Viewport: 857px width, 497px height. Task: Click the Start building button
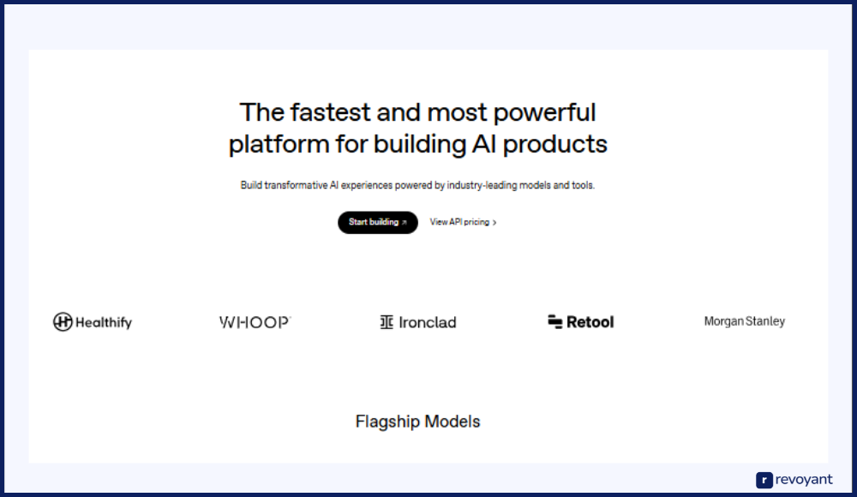(378, 223)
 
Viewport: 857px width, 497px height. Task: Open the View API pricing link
(463, 222)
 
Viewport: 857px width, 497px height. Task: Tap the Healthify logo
(93, 322)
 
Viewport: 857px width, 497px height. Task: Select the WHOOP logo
(255, 322)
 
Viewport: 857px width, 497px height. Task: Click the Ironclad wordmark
(428, 322)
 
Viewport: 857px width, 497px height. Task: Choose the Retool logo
(580, 322)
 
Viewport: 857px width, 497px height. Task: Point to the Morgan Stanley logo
(745, 321)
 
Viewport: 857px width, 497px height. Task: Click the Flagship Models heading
(417, 422)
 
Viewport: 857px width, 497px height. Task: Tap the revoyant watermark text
(804, 480)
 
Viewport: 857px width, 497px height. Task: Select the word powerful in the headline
(544, 112)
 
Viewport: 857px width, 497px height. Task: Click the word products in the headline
(554, 145)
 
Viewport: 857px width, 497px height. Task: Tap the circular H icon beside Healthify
(63, 321)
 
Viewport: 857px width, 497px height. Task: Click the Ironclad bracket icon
(387, 322)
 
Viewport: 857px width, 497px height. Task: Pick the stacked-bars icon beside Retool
(554, 322)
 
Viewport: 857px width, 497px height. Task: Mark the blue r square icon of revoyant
(764, 480)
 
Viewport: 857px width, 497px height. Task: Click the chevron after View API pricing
(494, 223)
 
